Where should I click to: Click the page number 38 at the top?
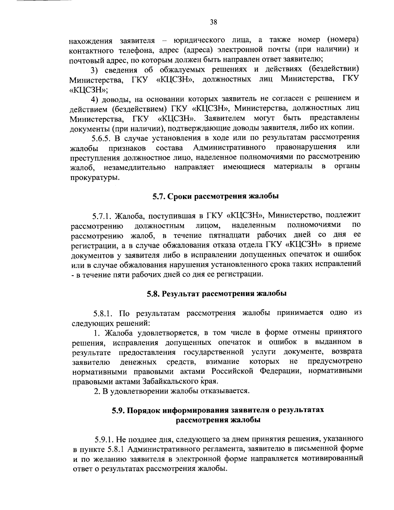click(x=213, y=22)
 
